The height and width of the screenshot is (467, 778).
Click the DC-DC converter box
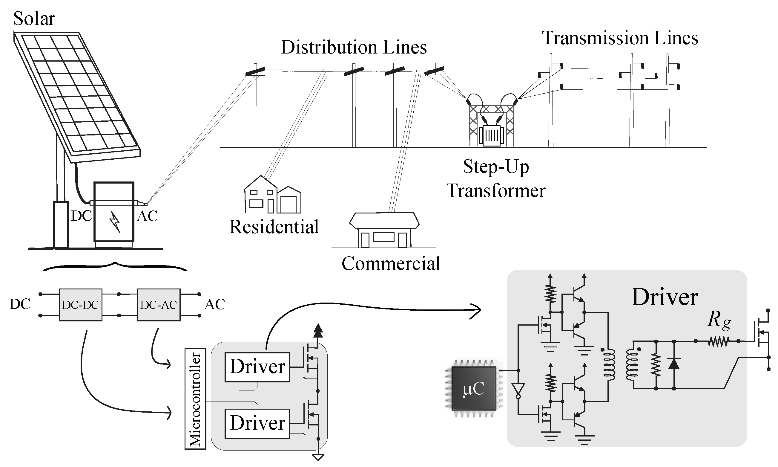click(80, 305)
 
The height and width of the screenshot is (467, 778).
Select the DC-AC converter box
click(159, 305)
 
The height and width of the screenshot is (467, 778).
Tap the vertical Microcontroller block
click(195, 399)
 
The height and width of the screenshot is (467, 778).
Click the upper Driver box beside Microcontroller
click(257, 367)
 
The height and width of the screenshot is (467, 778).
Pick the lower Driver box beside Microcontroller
click(257, 423)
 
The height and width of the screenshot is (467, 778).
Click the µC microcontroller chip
click(473, 389)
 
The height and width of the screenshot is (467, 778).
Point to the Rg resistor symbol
click(718, 341)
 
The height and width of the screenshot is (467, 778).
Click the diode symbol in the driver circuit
click(674, 364)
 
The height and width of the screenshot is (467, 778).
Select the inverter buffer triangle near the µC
click(518, 389)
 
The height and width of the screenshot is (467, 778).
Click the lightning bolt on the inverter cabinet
click(115, 221)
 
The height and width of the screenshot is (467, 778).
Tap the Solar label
click(34, 19)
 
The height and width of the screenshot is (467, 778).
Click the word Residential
click(274, 227)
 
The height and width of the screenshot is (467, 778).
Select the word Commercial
click(391, 263)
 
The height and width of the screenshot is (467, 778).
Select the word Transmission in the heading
click(595, 38)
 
